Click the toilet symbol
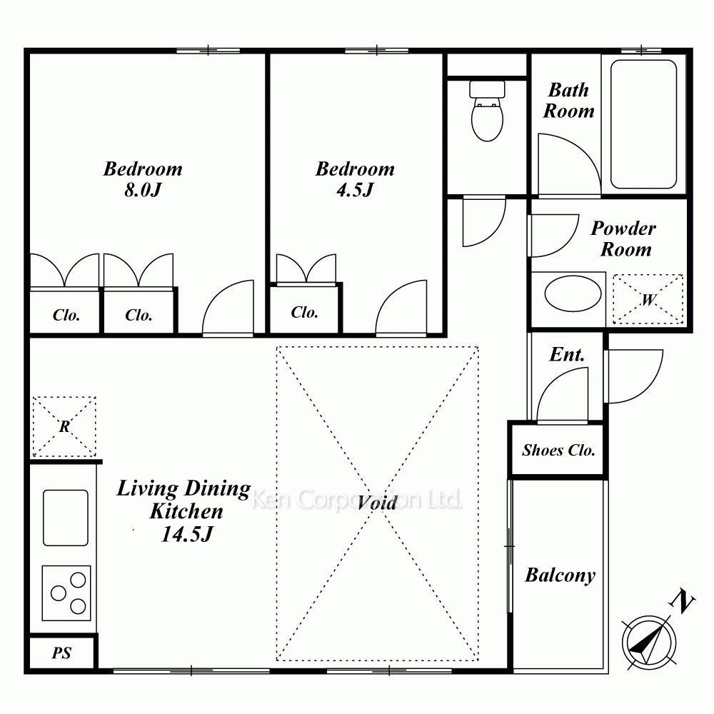487,111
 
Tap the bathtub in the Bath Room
643,124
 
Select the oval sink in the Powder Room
573,294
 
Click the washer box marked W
648,299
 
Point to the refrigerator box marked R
64,427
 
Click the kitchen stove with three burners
66,593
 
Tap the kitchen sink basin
66,518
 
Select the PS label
61,653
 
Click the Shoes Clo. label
558,451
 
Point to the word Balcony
560,575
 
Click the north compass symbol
648,643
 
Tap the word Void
377,503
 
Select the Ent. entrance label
567,354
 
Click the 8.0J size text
143,190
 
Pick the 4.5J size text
355,190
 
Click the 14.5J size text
186,534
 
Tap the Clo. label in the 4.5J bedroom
304,313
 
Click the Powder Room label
624,238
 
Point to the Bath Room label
569,101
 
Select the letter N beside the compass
681,601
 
